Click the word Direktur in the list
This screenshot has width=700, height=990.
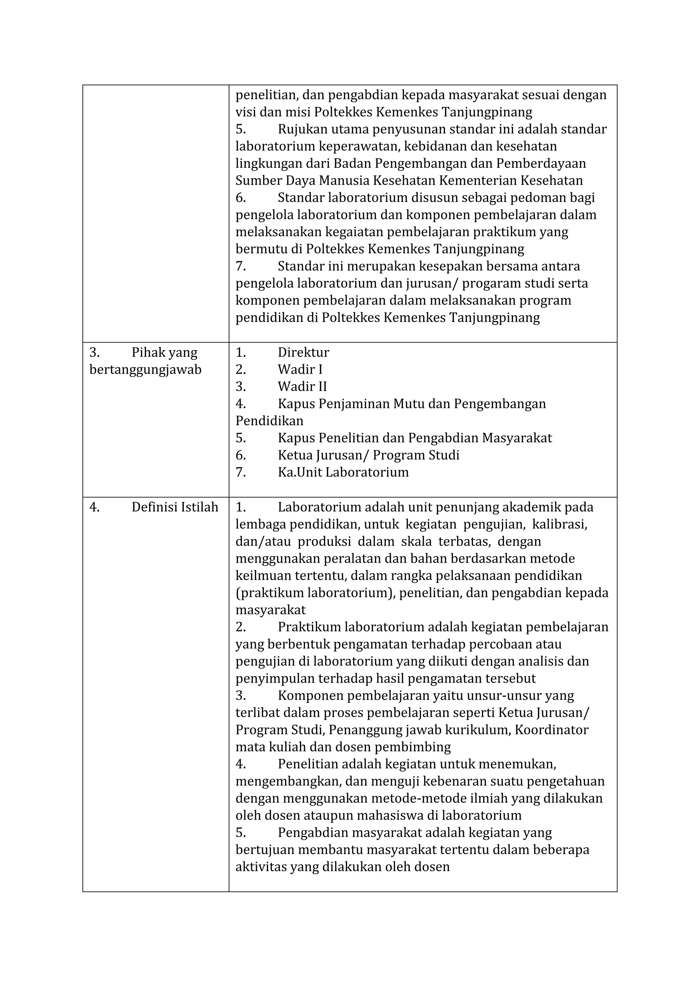(303, 352)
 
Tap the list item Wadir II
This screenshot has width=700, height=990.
(302, 387)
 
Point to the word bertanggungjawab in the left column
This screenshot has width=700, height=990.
(145, 370)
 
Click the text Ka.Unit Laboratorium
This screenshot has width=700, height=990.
(343, 472)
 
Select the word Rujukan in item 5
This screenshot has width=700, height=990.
(302, 129)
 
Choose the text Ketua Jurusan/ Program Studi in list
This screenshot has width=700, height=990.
(368, 455)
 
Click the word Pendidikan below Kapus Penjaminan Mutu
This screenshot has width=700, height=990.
(269, 421)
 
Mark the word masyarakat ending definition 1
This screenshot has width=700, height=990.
(270, 610)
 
